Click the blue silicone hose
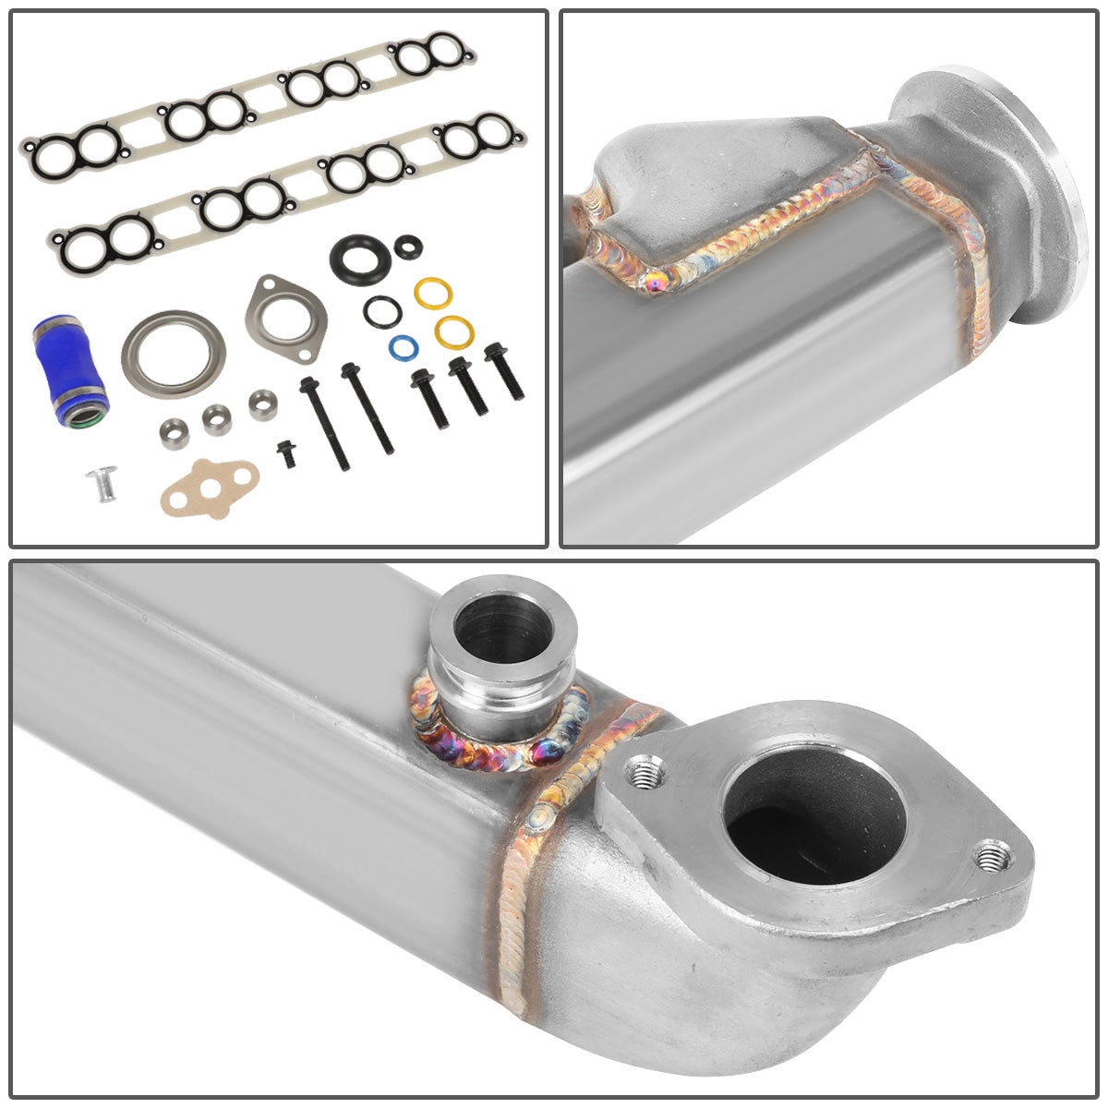[x=68, y=369]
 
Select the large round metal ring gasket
[x=174, y=355]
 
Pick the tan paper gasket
[x=209, y=487]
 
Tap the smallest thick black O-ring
[x=407, y=247]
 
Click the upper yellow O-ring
[x=432, y=294]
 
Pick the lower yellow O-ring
[x=452, y=331]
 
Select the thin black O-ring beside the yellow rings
[x=380, y=312]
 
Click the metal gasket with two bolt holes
[x=285, y=319]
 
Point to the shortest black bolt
[x=287, y=452]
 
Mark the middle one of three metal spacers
[x=217, y=418]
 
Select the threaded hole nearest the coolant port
[x=643, y=771]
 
